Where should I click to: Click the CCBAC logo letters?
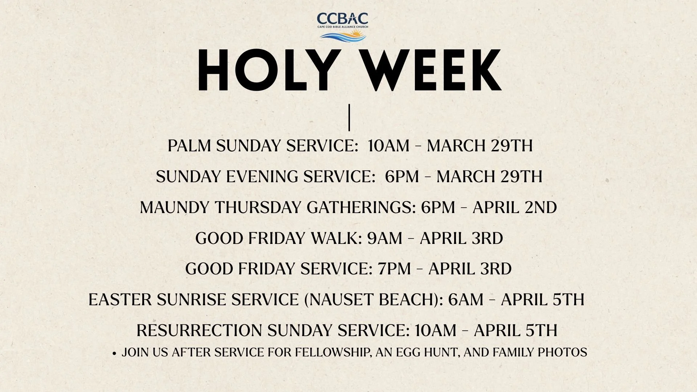342,19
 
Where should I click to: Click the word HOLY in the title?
265,70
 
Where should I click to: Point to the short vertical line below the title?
349,118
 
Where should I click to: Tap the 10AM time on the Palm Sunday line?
388,146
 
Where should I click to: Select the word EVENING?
262,177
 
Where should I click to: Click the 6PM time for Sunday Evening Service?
402,177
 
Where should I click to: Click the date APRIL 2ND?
515,208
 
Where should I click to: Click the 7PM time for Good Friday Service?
394,269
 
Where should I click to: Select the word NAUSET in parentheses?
341,300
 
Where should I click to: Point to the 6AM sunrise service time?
466,300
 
